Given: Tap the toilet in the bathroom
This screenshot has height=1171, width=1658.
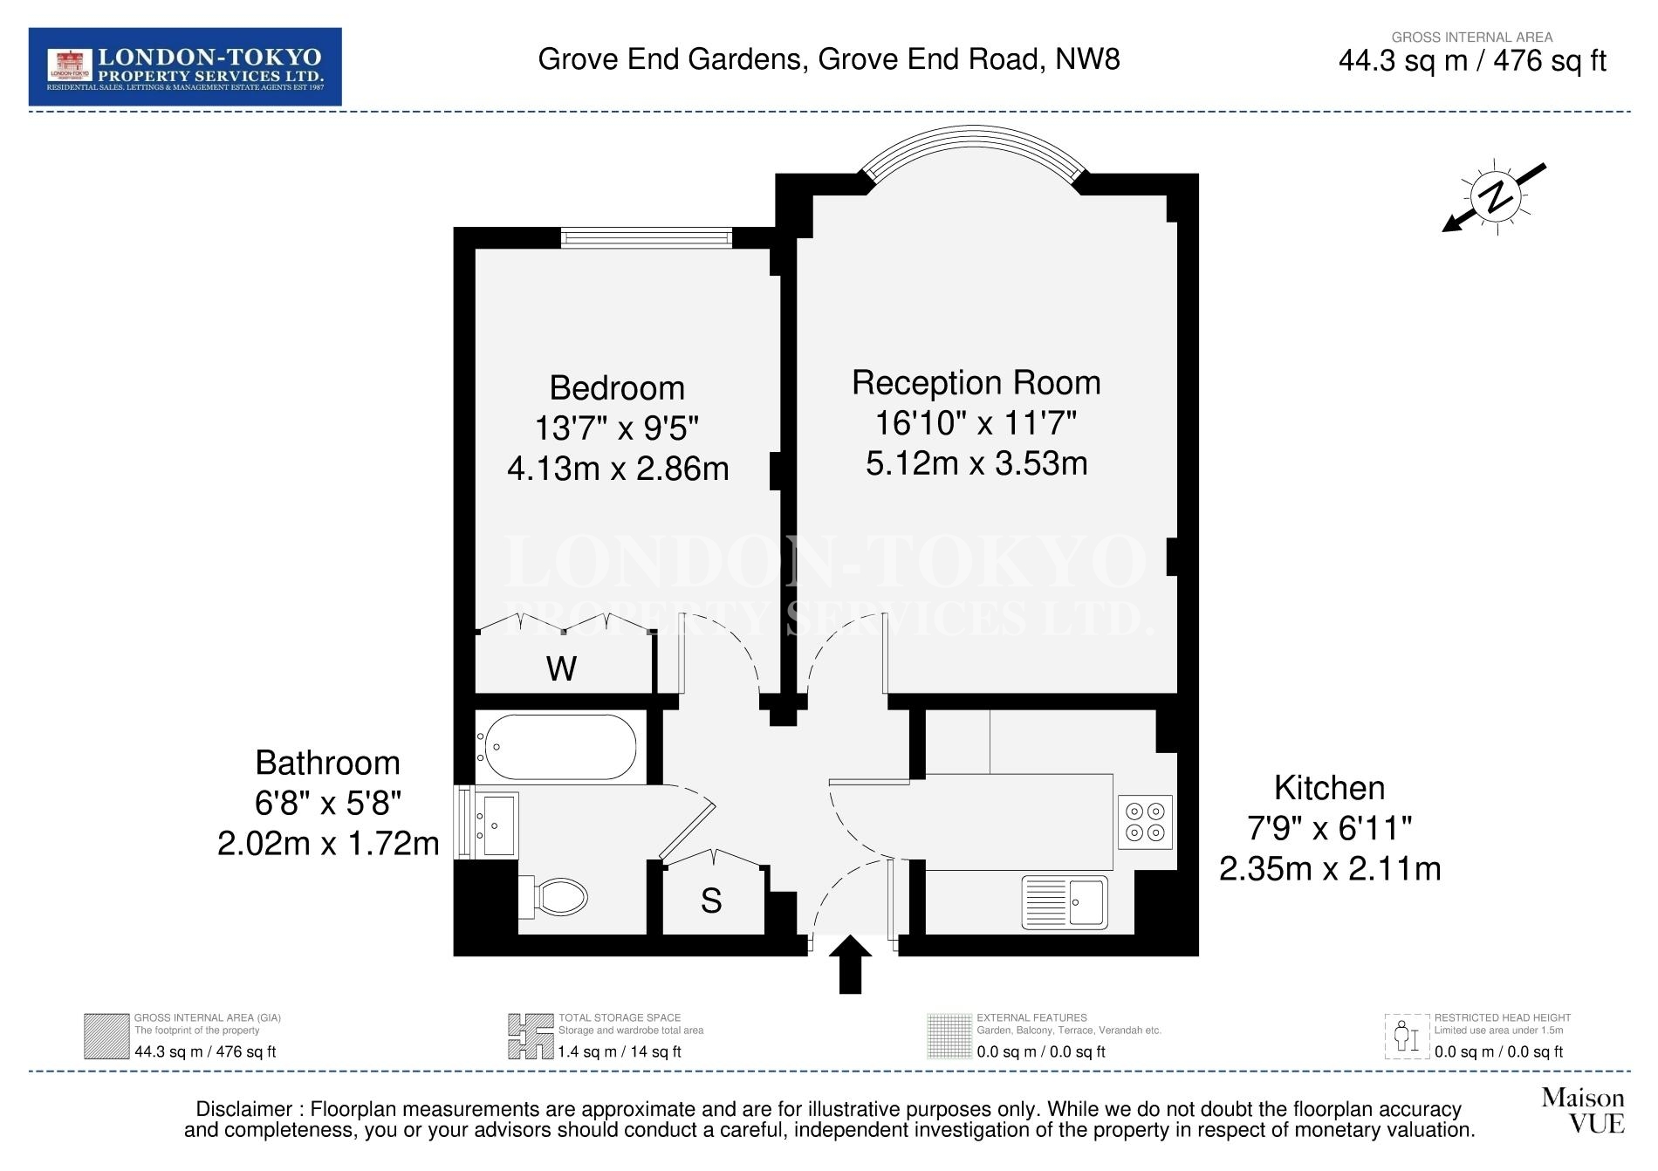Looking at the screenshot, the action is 553,897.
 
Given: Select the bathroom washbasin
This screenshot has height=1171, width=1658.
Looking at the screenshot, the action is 497,825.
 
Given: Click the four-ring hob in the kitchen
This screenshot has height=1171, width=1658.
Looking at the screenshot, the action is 1145,821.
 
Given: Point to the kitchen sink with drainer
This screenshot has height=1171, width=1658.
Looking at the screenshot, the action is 1065,902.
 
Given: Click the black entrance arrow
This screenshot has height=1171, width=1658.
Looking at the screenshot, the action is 850,964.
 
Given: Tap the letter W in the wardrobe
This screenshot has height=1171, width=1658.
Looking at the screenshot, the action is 561,669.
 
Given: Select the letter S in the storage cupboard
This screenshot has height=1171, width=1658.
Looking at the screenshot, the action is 711,901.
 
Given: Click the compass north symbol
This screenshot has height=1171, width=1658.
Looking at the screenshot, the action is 1495,197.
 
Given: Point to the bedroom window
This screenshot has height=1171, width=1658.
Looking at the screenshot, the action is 646,237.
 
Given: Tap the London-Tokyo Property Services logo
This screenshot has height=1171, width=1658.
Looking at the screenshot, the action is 185,67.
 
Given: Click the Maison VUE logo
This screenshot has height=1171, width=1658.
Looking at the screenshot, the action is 1583,1110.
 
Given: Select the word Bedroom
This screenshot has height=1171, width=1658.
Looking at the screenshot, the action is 617,387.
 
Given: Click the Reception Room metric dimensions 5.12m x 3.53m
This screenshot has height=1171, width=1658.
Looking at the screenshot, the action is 976,462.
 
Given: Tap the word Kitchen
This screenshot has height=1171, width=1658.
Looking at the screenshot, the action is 1329,788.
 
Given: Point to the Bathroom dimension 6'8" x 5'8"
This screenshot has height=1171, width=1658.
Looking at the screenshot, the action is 328,803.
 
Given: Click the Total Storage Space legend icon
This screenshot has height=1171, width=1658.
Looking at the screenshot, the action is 531,1037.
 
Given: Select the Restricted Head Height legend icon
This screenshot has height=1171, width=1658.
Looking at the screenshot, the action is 1407,1037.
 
